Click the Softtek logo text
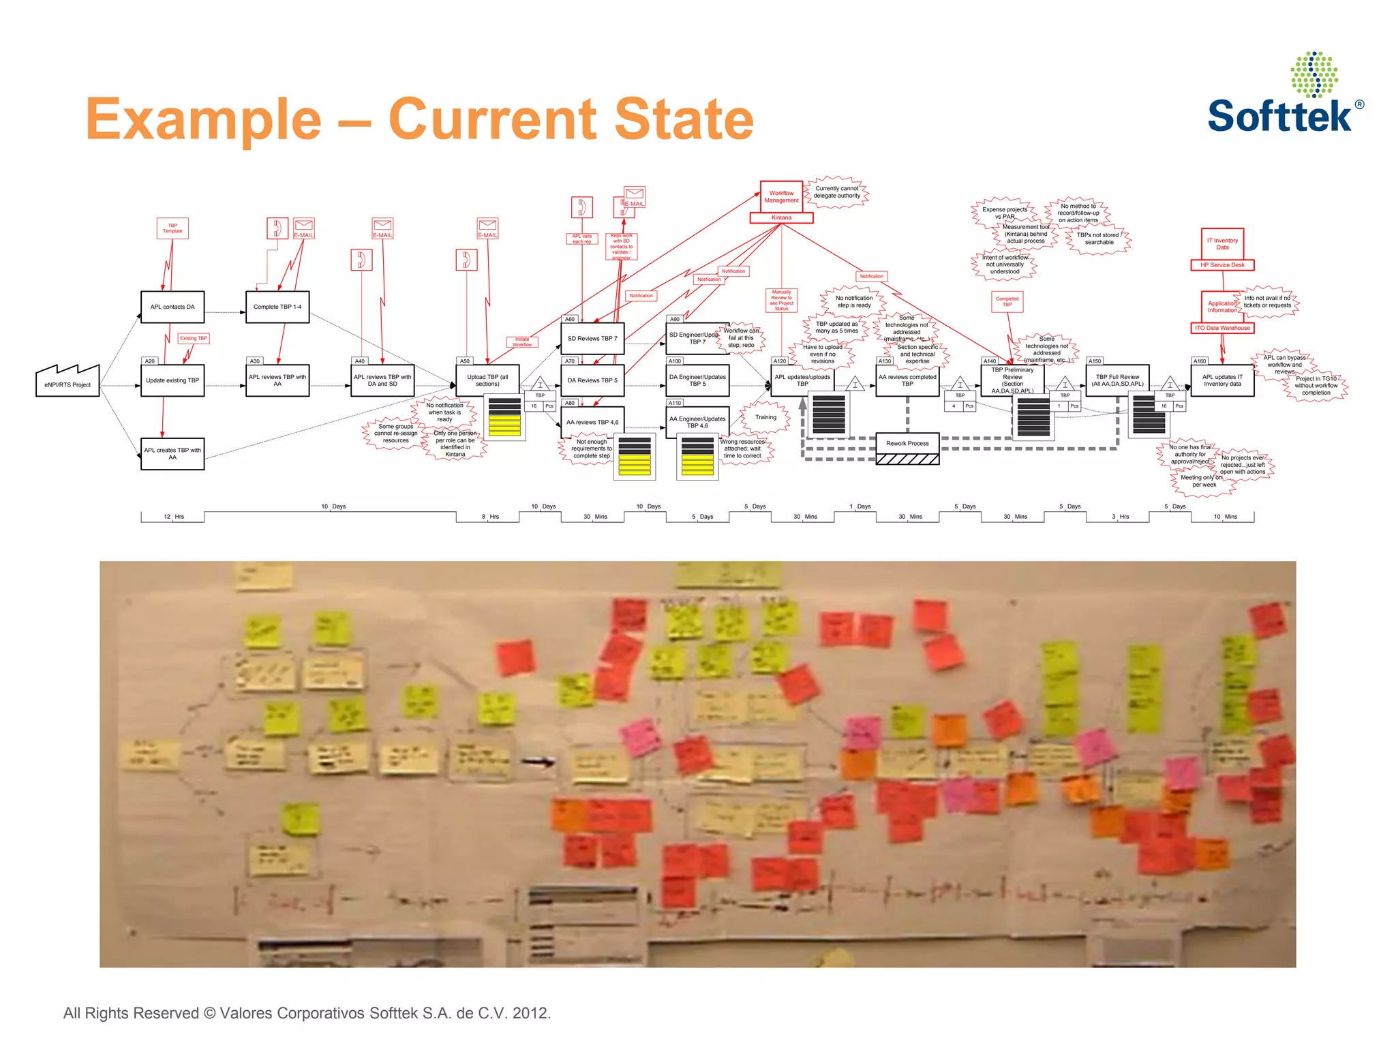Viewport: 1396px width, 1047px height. pos(1279,116)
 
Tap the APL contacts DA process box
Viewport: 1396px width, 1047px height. pos(172,307)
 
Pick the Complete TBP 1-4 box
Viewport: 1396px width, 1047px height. pos(277,307)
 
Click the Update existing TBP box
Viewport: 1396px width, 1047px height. pos(172,380)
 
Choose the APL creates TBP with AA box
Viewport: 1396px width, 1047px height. pos(172,453)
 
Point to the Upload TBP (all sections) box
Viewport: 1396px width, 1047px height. pos(487,380)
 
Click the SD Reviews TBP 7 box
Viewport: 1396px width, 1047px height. pos(592,338)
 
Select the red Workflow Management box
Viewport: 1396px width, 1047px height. pos(781,196)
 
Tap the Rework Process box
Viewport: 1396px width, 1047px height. pos(907,443)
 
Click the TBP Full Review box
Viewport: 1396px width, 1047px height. pos(1117,380)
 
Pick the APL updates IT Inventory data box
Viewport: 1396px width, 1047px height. pos(1222,380)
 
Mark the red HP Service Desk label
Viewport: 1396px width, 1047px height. pos(1222,265)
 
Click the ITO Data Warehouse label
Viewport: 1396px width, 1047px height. pos(1222,328)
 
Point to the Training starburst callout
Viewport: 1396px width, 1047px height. pos(765,417)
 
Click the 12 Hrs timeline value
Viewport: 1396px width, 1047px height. pos(173,517)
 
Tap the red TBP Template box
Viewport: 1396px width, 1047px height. pos(172,228)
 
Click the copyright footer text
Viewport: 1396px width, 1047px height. pos(307,1013)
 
